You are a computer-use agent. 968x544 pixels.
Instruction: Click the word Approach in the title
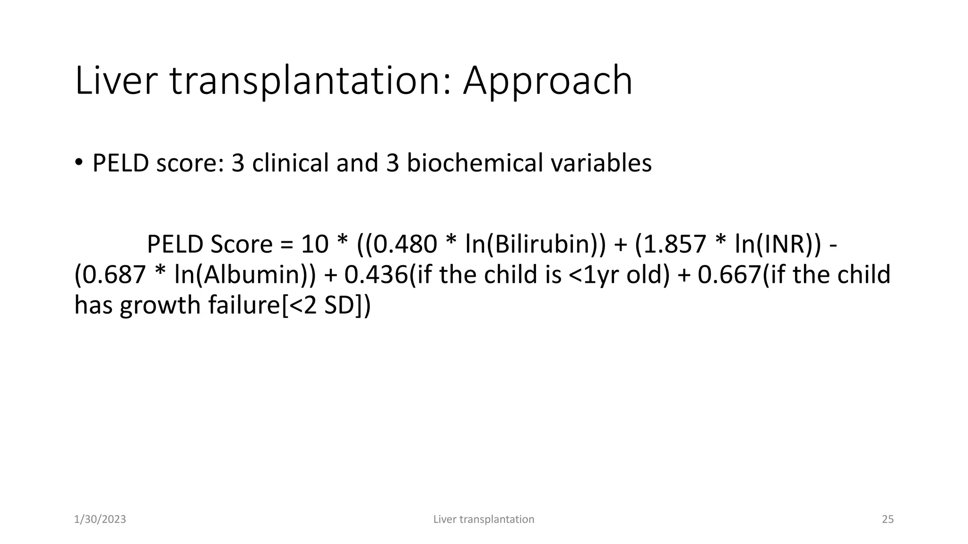click(x=547, y=81)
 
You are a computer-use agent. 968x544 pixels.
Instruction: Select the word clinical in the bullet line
click(x=290, y=163)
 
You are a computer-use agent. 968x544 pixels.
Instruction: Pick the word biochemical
click(x=475, y=163)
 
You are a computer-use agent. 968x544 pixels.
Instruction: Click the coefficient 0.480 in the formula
click(x=405, y=244)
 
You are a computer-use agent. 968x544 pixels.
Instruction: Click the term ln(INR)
click(x=772, y=244)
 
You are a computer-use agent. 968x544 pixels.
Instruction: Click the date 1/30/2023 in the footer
click(x=100, y=519)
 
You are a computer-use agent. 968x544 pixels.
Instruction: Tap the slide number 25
click(x=888, y=519)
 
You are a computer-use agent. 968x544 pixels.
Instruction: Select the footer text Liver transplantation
click(x=484, y=519)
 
